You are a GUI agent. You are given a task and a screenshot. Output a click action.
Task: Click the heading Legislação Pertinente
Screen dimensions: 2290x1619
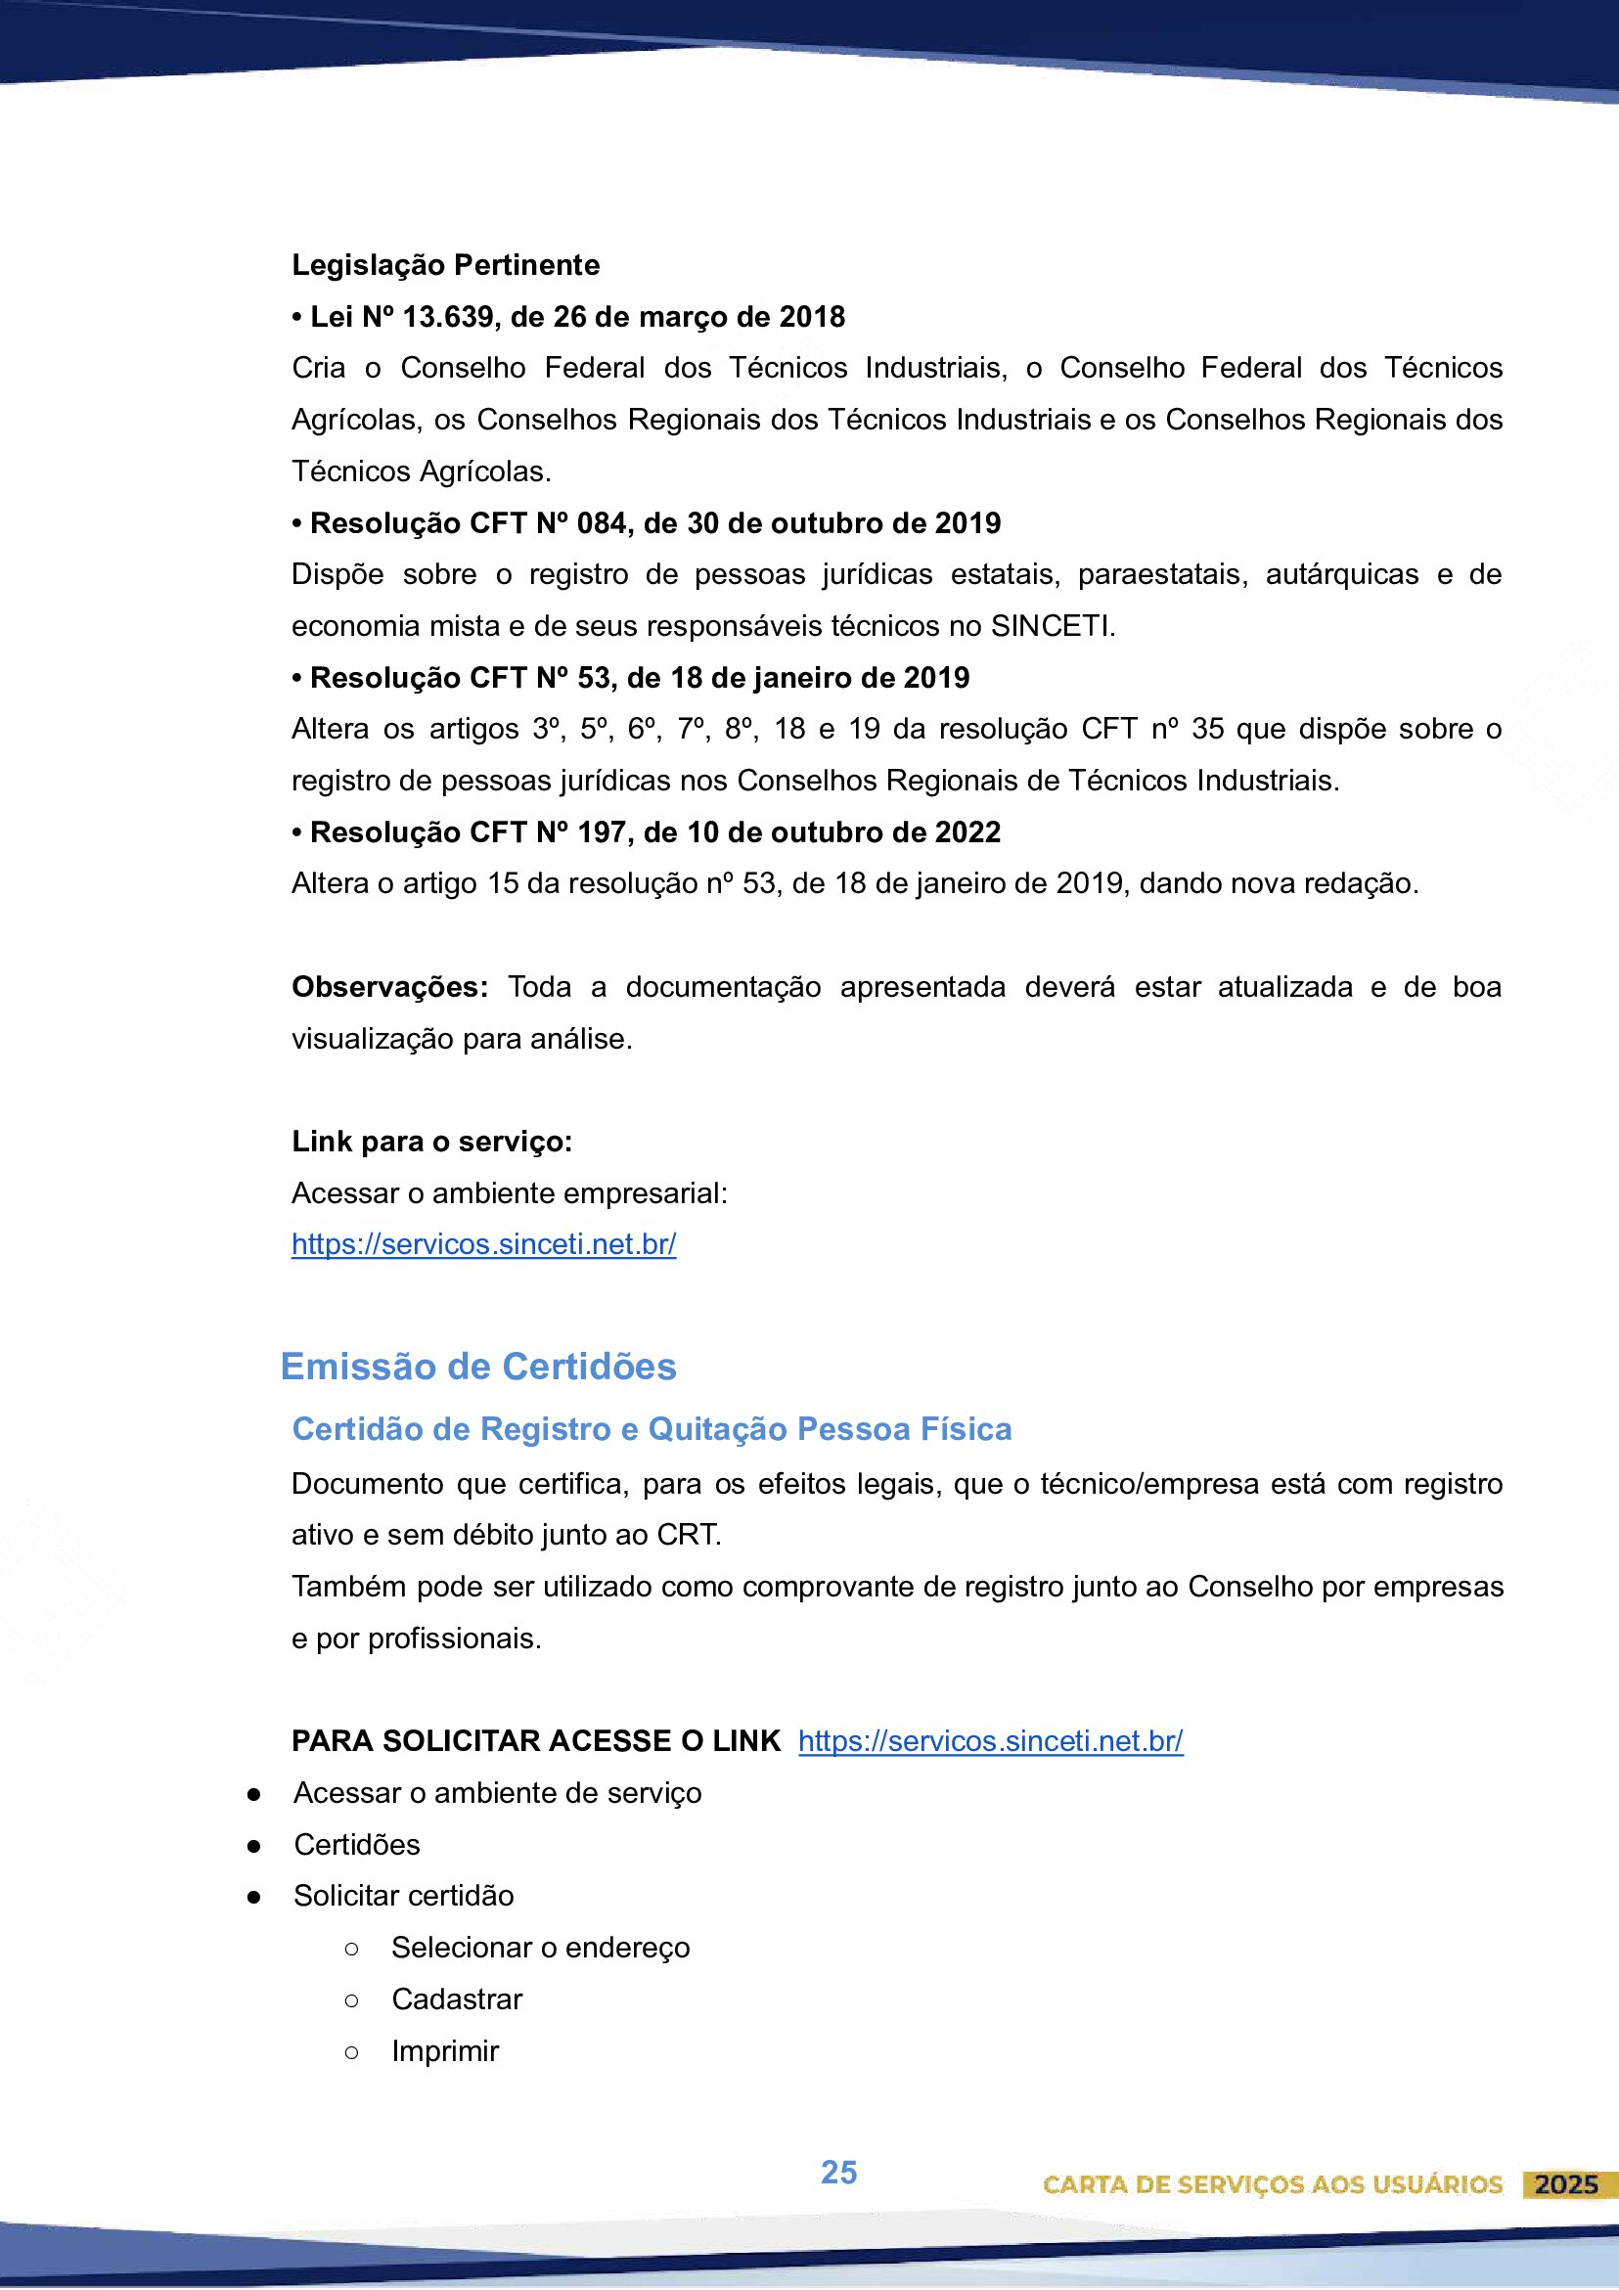445,265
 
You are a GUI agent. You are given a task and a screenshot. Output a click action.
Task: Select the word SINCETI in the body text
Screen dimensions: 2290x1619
1051,626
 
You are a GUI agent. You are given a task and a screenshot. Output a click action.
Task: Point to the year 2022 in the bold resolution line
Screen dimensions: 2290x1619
967,832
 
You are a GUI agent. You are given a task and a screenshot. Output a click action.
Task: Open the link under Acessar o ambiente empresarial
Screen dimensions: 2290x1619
484,1244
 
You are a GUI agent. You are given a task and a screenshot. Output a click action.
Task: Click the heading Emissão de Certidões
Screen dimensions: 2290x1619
477,1367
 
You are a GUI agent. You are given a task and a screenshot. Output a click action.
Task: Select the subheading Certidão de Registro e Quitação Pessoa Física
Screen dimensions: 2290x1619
652,1429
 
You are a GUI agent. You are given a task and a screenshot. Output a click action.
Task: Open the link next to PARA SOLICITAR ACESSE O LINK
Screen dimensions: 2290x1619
991,1741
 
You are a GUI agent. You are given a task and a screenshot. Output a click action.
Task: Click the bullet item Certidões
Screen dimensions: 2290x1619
357,1845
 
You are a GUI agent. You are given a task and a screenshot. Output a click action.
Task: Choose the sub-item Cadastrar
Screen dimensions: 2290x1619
457,1999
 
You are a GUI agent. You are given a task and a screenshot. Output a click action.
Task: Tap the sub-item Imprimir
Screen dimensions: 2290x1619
445,2051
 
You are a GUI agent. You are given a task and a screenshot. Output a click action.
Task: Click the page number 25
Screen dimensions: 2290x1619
839,2173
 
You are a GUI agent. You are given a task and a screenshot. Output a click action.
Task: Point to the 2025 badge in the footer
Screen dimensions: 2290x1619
1566,2184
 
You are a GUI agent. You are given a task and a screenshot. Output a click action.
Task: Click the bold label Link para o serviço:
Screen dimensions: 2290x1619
432,1142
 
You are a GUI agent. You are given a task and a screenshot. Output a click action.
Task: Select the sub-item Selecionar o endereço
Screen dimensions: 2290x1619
541,1948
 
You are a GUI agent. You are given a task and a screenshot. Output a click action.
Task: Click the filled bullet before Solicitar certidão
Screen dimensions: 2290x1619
254,1897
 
